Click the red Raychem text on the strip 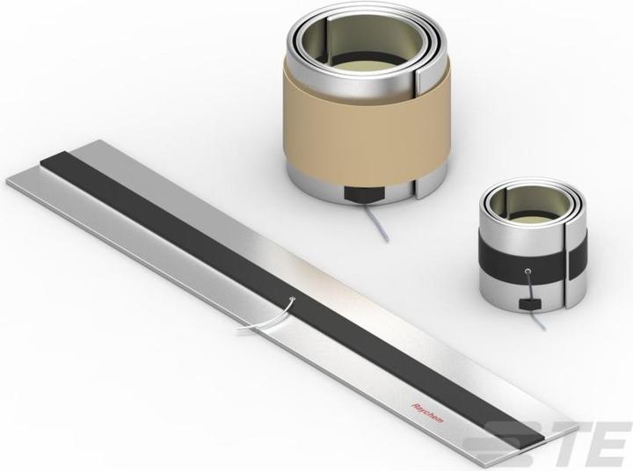[426, 412]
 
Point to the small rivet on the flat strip [293, 299]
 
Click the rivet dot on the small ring [528, 271]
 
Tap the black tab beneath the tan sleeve [362, 194]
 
